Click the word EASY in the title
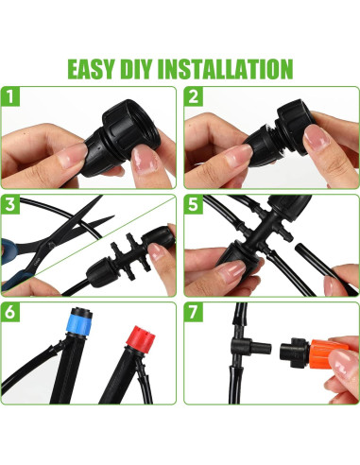pos(90,69)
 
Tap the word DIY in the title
pos(135,69)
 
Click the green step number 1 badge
pos(10,96)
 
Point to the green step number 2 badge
pos(194,96)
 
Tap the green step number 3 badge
pos(10,204)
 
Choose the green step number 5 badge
pos(194,204)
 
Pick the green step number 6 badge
pos(10,312)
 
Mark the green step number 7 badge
pos(194,312)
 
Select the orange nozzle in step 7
pos(327,354)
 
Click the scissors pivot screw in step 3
pos(51,244)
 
